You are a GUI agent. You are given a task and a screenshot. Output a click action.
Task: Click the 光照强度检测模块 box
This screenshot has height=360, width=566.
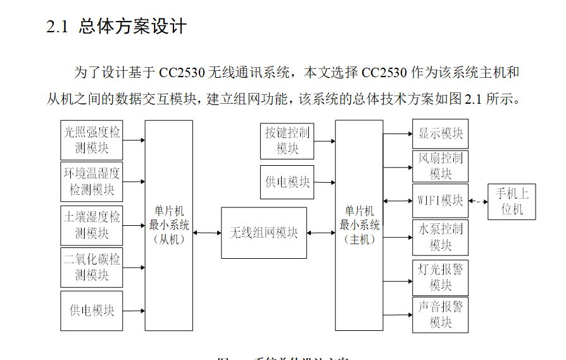(92, 140)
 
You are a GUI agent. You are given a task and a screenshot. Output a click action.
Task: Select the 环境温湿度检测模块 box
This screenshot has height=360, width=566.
(92, 181)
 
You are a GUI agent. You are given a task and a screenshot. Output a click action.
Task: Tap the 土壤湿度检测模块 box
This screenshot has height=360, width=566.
(92, 225)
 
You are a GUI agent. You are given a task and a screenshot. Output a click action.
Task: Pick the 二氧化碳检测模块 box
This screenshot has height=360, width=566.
(92, 267)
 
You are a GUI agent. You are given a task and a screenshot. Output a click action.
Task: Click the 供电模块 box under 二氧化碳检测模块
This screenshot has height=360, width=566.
(92, 311)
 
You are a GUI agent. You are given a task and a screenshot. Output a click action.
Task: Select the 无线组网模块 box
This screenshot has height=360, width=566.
(264, 233)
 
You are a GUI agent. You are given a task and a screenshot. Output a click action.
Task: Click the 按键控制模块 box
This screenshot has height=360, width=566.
(287, 140)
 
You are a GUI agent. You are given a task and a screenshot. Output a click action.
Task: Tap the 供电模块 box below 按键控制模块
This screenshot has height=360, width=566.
(287, 182)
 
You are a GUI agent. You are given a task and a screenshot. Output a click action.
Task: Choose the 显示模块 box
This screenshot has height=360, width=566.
(441, 133)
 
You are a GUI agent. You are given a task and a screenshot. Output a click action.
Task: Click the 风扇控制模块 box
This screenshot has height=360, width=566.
(441, 166)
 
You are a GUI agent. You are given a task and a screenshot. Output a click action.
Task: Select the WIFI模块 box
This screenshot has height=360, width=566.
(441, 201)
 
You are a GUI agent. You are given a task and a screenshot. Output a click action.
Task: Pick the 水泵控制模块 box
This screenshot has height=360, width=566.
(441, 237)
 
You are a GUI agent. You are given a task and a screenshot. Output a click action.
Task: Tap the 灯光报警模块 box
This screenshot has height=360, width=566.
(441, 276)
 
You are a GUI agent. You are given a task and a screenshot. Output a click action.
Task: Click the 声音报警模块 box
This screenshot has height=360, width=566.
(441, 314)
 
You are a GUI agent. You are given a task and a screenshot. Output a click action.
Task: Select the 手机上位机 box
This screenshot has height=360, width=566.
(512, 202)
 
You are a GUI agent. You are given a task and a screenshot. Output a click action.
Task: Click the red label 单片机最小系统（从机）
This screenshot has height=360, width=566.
(168, 225)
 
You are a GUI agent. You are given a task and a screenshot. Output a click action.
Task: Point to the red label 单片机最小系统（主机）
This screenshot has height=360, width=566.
(359, 225)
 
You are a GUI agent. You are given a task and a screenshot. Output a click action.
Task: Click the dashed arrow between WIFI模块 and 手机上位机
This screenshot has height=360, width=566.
(479, 202)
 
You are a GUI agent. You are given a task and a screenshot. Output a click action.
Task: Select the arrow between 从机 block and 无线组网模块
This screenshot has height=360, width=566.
(207, 233)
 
